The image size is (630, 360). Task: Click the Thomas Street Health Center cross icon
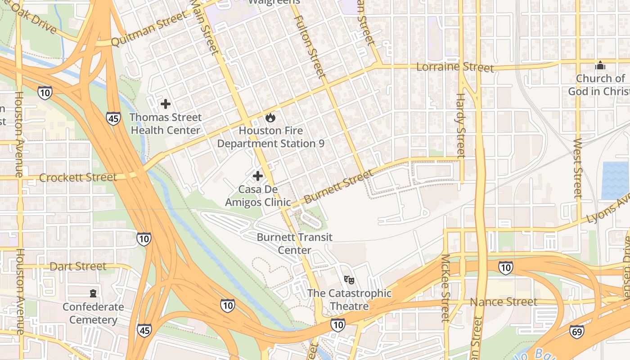coord(166,104)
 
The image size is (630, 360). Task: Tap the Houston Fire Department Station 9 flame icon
coord(270,118)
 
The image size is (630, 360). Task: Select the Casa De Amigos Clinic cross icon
coord(258,175)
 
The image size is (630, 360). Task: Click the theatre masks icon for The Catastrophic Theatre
coord(349,280)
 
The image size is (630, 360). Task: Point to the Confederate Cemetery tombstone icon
coord(93,293)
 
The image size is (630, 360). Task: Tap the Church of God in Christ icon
coord(600,66)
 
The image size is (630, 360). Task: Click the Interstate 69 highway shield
coord(577,332)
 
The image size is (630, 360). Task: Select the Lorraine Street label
coord(455,67)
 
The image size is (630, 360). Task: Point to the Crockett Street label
coord(78,177)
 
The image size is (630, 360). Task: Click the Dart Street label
coord(78,266)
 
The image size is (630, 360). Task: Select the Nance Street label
coord(504,301)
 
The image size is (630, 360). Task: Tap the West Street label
coord(578,168)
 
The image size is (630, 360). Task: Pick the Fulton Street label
coord(310,45)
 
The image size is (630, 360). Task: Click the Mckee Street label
coord(445,288)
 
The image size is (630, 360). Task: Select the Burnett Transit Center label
coord(295,243)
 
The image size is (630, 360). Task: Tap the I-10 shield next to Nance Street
coord(506,268)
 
